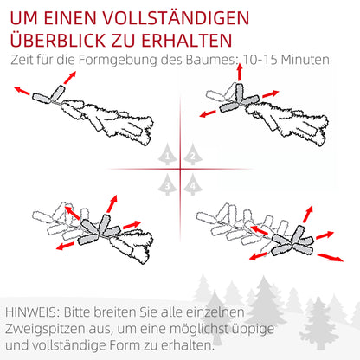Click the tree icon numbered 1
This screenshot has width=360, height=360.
[168, 156]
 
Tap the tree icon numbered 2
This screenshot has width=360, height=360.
[192, 156]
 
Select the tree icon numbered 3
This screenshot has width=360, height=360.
[168, 183]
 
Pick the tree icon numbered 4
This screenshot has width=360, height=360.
[192, 183]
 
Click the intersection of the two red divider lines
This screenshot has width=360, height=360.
[180, 169]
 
